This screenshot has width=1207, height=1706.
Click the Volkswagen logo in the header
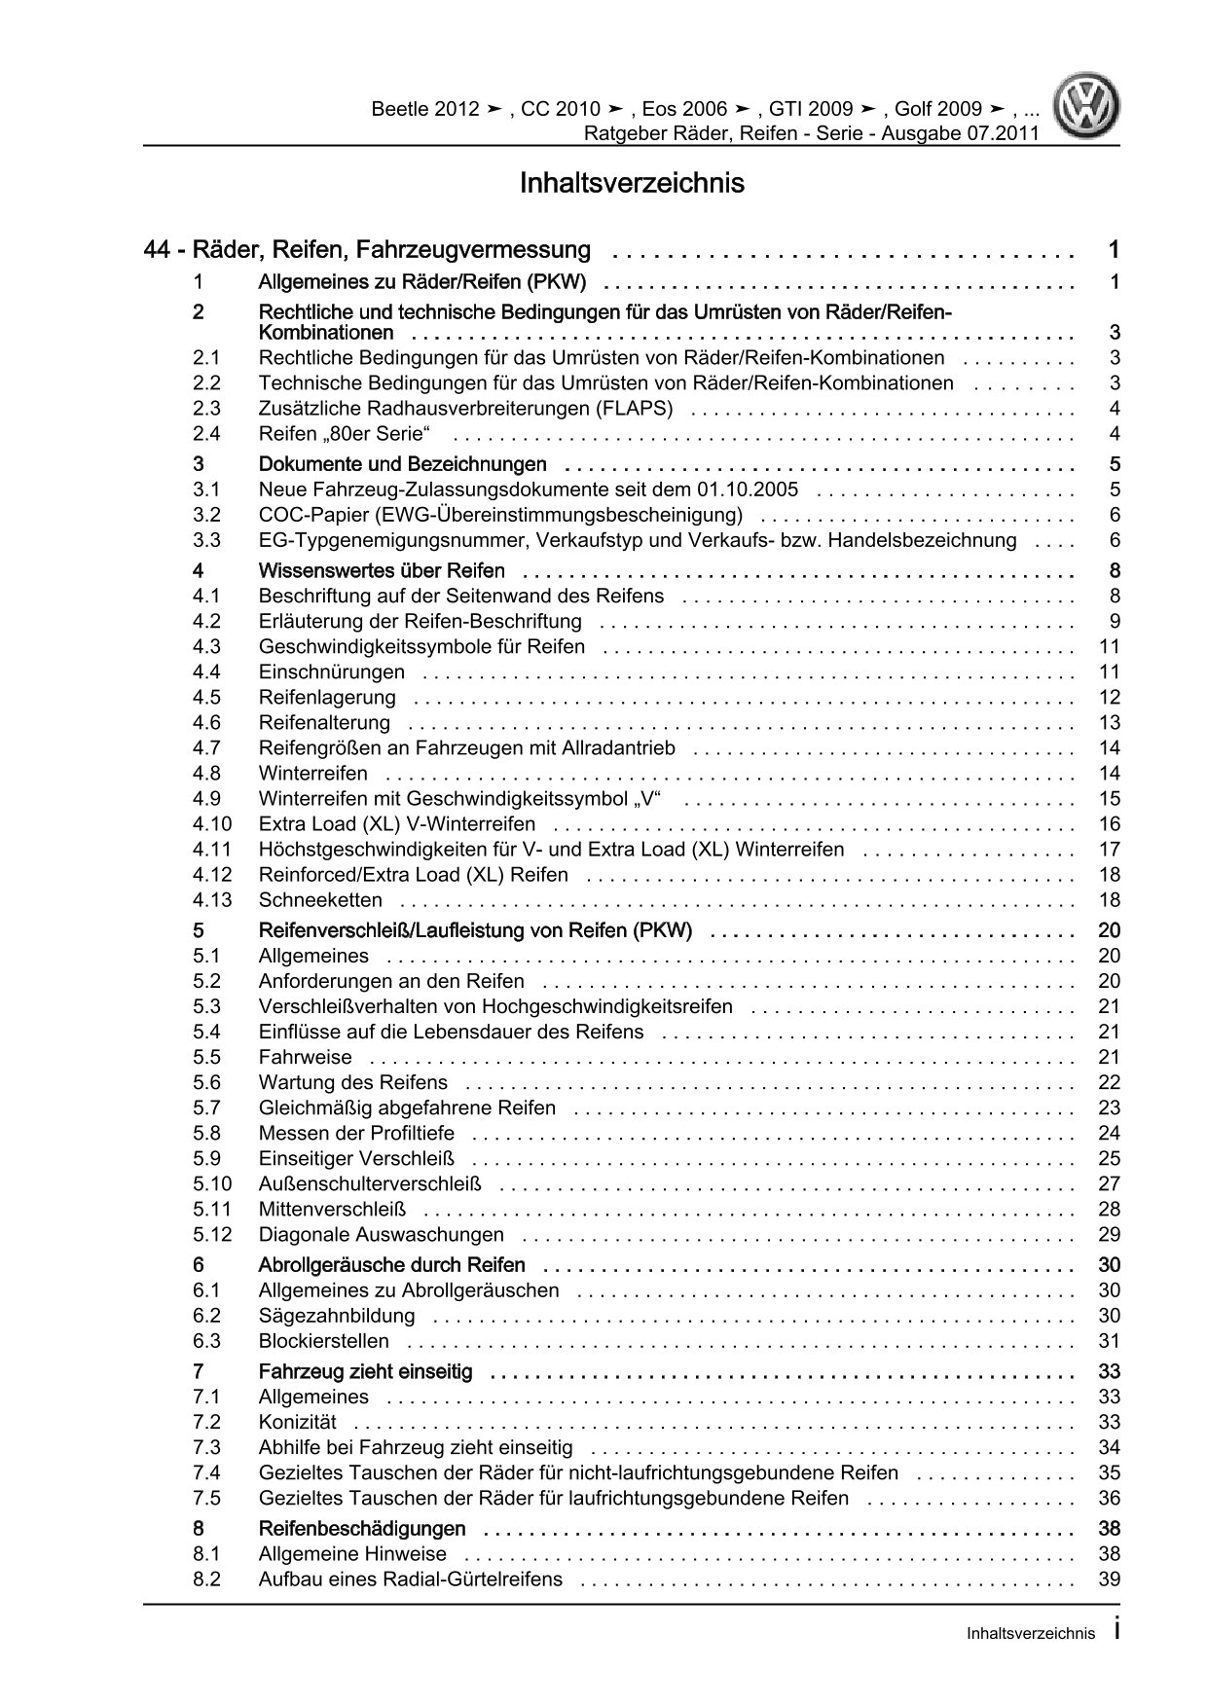click(1089, 108)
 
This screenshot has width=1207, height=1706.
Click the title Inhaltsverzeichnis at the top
click(632, 183)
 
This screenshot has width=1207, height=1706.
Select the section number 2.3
click(206, 409)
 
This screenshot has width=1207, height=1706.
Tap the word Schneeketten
click(320, 900)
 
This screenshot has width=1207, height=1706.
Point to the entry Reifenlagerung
click(327, 698)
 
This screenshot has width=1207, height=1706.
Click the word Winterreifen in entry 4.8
click(313, 774)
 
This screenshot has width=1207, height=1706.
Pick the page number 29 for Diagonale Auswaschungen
click(1109, 1235)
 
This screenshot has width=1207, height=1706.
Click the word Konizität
click(297, 1423)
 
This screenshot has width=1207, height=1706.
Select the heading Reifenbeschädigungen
click(361, 1529)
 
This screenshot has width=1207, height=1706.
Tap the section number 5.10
click(212, 1184)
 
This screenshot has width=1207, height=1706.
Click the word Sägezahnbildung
click(337, 1317)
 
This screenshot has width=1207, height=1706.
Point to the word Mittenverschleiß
click(332, 1210)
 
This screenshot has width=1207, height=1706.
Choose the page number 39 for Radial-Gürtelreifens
click(1109, 1579)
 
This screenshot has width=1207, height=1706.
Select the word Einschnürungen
click(332, 672)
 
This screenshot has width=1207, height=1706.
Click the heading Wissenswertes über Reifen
click(382, 570)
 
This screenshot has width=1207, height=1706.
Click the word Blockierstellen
click(324, 1342)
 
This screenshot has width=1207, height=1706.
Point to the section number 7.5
click(206, 1499)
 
